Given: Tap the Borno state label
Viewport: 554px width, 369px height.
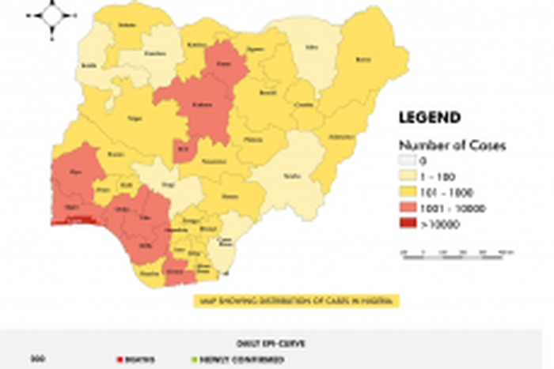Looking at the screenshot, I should point(363,59).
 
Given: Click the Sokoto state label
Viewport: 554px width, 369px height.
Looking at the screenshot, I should point(123,25).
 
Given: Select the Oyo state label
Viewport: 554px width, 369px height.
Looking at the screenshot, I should point(76,171).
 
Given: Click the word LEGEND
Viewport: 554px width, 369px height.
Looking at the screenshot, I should point(429,119).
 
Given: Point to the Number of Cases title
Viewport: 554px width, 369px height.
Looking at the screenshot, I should point(452,145).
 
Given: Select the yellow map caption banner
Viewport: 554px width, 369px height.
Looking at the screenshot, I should point(297,301).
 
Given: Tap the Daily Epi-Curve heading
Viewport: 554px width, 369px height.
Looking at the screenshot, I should point(276,344).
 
